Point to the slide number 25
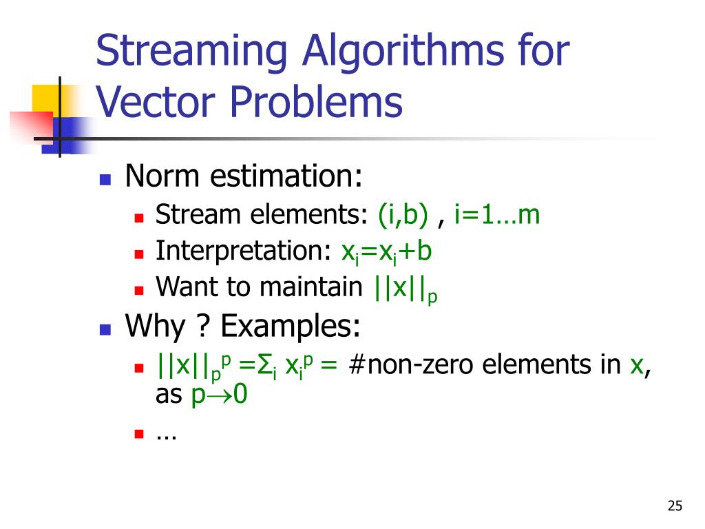[x=675, y=507]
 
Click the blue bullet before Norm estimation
[x=105, y=180]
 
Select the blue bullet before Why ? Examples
[x=105, y=329]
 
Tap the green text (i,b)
[x=403, y=216]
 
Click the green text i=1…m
[x=496, y=216]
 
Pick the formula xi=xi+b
[x=386, y=251]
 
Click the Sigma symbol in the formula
[x=262, y=366]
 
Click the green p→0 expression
[x=218, y=395]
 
